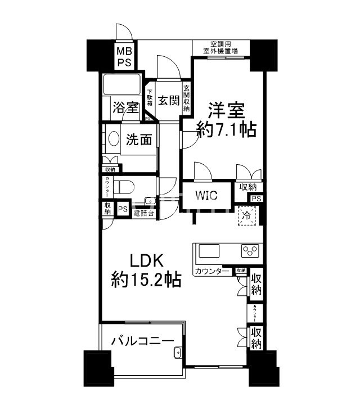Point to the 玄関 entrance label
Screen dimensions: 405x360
click(168, 101)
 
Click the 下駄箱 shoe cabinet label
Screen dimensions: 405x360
click(150, 102)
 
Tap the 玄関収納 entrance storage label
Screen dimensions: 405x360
click(186, 98)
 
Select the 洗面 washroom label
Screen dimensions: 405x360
click(138, 139)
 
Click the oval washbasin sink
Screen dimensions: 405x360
click(112, 140)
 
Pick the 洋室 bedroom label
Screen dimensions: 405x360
click(226, 109)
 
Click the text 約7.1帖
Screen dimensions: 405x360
click(226, 130)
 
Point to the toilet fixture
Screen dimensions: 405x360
click(123, 186)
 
